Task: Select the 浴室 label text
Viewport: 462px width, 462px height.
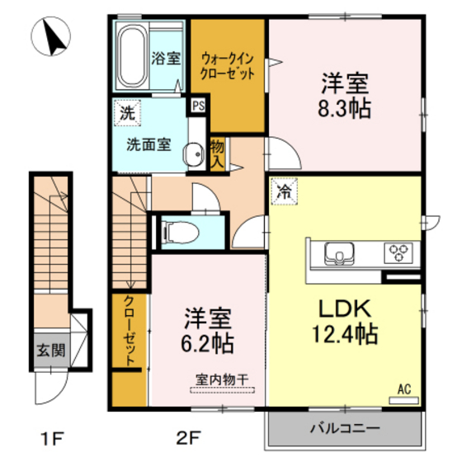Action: (167, 59)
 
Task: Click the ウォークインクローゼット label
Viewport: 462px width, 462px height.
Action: (227, 65)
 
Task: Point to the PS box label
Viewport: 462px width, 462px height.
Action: (199, 106)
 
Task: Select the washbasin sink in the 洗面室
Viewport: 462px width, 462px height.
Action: (193, 153)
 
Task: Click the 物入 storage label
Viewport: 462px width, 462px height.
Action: (217, 154)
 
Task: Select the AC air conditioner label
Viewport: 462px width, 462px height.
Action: (404, 387)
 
